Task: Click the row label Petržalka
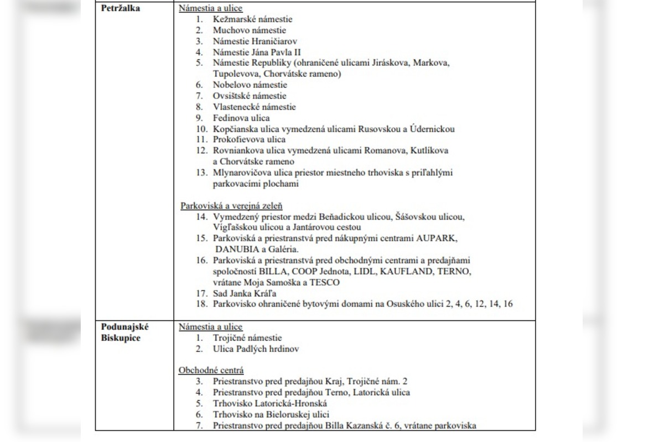(x=120, y=8)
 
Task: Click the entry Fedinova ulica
(x=241, y=118)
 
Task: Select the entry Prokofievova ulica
(x=249, y=140)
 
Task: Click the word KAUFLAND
(x=409, y=271)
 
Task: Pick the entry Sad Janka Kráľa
(x=245, y=293)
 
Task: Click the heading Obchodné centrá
(x=211, y=370)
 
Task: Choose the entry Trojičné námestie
(x=247, y=338)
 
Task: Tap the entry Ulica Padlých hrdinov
(x=256, y=349)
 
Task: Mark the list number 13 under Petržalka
(x=201, y=173)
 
